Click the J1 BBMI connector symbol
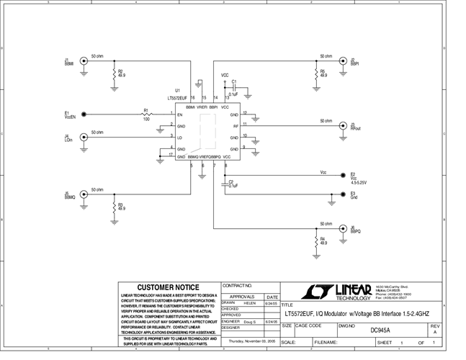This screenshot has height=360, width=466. pyautogui.click(x=84, y=61)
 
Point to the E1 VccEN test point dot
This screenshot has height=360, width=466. pyautogui.click(x=84, y=114)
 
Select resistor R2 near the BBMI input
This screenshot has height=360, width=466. pyautogui.click(x=114, y=73)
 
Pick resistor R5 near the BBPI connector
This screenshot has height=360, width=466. pyautogui.click(x=315, y=73)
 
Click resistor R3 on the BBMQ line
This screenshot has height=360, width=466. pyautogui.click(x=114, y=207)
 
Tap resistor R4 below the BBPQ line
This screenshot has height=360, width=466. pyautogui.click(x=315, y=240)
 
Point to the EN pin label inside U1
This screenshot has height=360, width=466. pyautogui.click(x=181, y=114)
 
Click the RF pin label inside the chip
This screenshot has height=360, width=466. pyautogui.click(x=235, y=126)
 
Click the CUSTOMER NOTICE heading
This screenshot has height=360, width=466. pyautogui.click(x=168, y=287)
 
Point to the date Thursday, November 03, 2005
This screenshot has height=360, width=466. pyautogui.click(x=247, y=341)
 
